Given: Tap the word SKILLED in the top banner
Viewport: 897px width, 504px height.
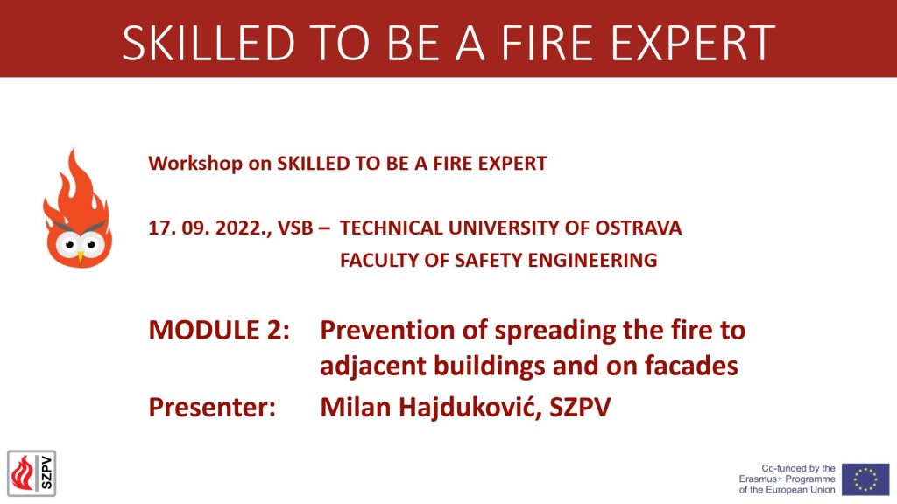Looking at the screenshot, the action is coord(208,43).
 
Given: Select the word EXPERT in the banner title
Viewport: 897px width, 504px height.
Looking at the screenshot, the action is coord(694,43).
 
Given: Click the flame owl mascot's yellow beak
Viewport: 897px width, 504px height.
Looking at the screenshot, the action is coord(80,258).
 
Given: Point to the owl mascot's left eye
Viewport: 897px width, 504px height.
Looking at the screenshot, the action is coord(69,245).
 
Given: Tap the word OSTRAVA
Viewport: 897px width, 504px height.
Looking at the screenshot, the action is coord(639,228).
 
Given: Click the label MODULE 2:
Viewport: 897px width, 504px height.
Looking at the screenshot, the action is coord(219,330).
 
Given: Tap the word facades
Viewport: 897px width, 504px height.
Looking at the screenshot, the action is coord(692,366).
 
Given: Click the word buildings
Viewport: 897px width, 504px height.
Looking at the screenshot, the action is coord(491,367).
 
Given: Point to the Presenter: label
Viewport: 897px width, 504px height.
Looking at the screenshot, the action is coord(212,408).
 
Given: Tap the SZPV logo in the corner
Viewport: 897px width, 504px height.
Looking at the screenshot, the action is coord(32,473).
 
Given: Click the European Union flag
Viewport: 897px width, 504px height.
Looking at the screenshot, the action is coord(865,479).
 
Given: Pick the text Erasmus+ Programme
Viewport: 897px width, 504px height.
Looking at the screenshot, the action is coord(788,479).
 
